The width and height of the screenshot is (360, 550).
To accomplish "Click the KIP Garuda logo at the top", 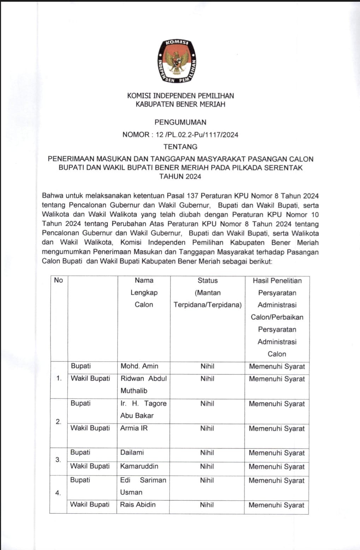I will [178, 61].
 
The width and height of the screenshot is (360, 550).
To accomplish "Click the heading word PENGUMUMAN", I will [180, 122].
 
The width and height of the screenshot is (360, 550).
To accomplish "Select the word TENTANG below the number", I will [180, 147].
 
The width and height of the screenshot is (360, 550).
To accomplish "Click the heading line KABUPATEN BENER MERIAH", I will [180, 104].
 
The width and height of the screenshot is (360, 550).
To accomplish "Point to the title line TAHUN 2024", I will [180, 177].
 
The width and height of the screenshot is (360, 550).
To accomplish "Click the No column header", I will [58, 280].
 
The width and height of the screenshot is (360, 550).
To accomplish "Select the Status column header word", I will [207, 281].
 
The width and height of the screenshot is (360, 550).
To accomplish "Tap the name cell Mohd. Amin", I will [139, 366].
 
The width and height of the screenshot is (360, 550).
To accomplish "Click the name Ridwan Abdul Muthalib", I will [143, 384].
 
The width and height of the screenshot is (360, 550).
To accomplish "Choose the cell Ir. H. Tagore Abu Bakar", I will [143, 409].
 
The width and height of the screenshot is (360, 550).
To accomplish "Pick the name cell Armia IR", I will [134, 428].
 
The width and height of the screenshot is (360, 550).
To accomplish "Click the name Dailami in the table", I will [132, 453].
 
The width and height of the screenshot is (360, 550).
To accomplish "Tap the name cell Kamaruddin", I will [139, 466].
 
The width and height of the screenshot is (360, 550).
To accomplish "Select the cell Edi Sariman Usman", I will [143, 486].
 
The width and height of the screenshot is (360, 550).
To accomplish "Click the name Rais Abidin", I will [137, 505].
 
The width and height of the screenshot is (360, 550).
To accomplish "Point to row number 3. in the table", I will [58, 460].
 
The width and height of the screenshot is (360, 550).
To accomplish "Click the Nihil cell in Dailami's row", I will [207, 453].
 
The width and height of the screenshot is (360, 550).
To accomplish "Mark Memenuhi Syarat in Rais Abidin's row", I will [276, 505].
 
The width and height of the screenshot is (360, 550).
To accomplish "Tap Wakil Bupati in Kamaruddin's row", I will [90, 466].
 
